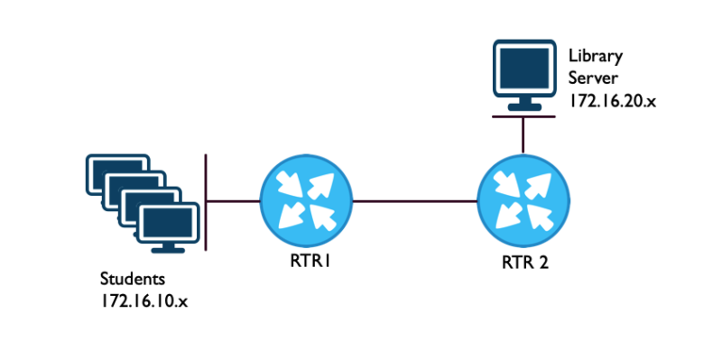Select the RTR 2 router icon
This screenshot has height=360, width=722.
[523, 201]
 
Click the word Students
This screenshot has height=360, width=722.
[131, 277]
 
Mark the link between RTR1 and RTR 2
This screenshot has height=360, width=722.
[414, 201]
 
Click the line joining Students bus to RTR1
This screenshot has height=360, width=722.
[233, 200]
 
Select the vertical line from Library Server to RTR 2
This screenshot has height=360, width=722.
[523, 135]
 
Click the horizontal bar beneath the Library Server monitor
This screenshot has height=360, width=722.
[523, 114]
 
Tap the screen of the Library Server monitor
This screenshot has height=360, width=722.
[523, 72]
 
